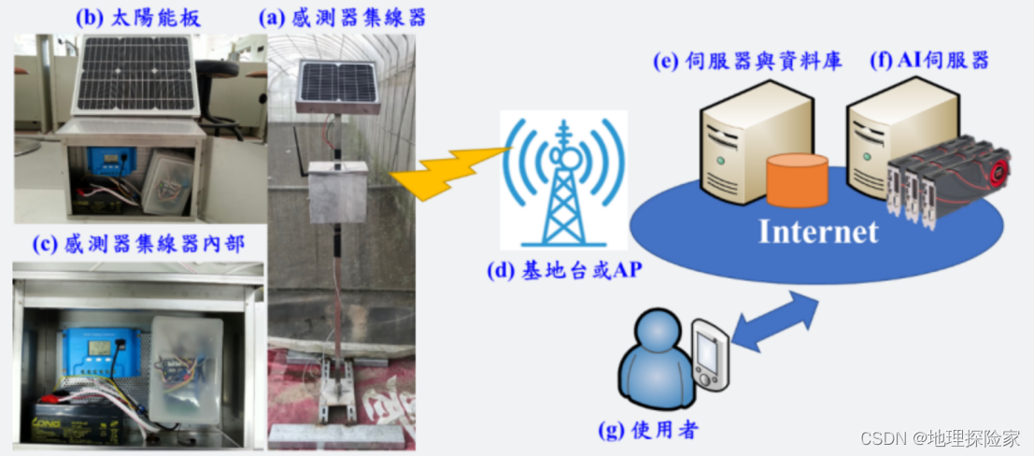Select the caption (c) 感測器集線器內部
pyautogui.click(x=138, y=245)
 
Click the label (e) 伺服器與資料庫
pyautogui.click(x=747, y=62)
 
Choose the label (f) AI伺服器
pyautogui.click(x=929, y=62)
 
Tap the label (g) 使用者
pyautogui.click(x=646, y=431)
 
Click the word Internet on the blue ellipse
pyautogui.click(x=818, y=231)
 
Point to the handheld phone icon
pyautogui.click(x=711, y=356)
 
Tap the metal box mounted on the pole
pyautogui.click(x=337, y=192)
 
